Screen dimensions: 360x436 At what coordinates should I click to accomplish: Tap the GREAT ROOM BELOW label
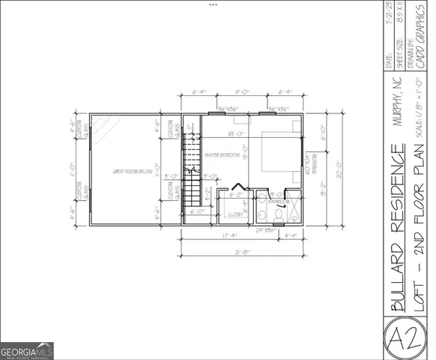coord(133,172)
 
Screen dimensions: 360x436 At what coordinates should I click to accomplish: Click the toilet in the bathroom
coord(277,215)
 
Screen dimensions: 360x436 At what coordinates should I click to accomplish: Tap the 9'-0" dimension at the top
coord(242,92)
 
